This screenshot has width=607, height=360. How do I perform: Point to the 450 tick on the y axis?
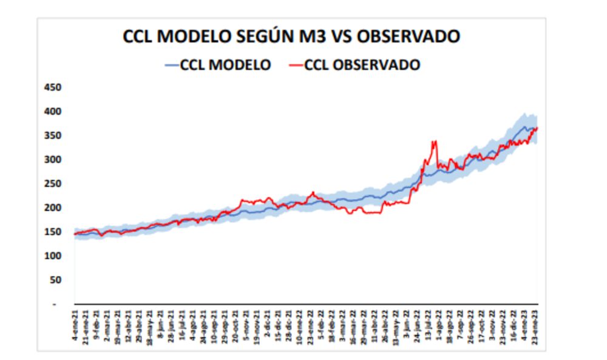point(53,87)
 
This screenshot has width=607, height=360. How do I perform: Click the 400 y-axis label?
point(53,112)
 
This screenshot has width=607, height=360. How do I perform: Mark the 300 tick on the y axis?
point(53,160)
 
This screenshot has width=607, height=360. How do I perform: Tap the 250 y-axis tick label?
point(53,184)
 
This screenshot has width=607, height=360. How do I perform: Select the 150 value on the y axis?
point(53,232)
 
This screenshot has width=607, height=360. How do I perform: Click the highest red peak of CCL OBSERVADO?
point(433,142)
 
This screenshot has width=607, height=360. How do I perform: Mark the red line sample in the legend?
point(294,64)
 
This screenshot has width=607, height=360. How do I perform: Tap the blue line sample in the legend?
point(171,64)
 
